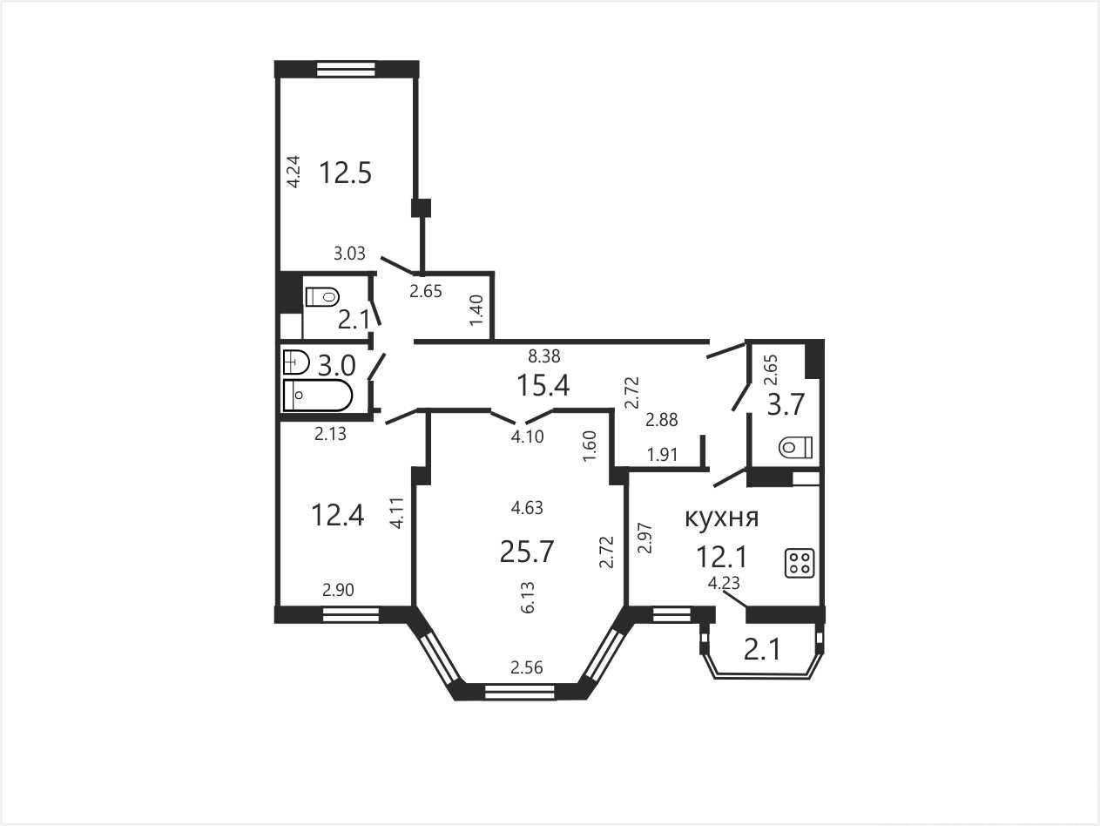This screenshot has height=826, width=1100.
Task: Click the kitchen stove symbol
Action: (x=800, y=564)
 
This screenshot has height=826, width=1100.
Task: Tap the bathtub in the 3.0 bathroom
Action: (x=318, y=396)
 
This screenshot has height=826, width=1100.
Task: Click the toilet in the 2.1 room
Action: (x=322, y=297)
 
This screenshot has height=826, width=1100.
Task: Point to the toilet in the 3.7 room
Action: (x=796, y=447)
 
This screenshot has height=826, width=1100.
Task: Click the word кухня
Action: (x=722, y=518)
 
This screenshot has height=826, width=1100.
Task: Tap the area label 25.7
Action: (x=527, y=552)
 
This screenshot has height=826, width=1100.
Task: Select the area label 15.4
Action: (x=543, y=385)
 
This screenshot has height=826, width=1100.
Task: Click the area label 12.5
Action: (x=345, y=173)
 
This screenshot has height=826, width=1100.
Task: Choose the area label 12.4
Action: (x=337, y=515)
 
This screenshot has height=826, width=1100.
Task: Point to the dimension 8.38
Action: (x=544, y=356)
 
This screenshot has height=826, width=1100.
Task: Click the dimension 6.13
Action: (x=528, y=597)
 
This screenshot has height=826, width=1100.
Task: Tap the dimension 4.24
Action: (x=293, y=172)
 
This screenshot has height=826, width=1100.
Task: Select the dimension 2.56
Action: (x=527, y=667)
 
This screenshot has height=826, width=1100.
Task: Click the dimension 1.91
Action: (x=663, y=455)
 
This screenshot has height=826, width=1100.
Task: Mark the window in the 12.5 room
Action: (x=347, y=69)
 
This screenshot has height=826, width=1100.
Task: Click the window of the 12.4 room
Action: (x=351, y=614)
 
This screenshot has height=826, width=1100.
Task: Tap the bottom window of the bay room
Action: (x=520, y=692)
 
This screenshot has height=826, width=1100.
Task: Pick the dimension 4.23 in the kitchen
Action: (x=724, y=584)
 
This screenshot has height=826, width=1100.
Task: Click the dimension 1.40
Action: (x=476, y=310)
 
